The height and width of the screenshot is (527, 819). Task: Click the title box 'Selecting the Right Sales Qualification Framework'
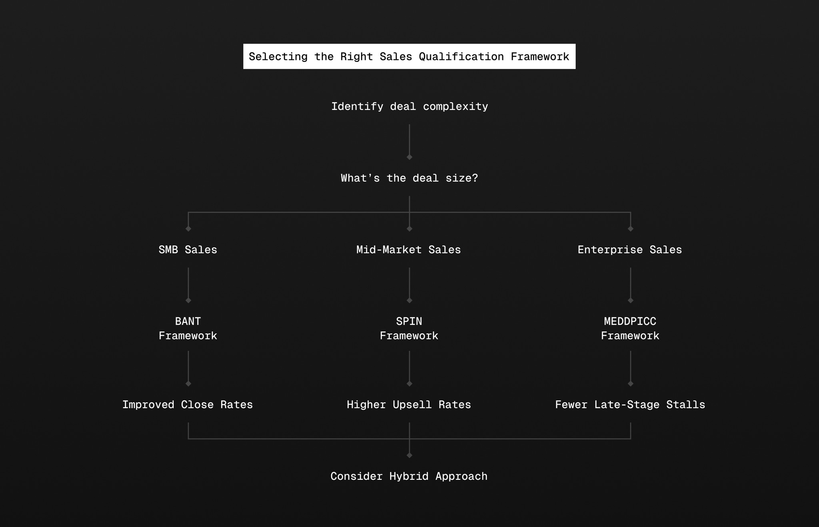click(x=409, y=56)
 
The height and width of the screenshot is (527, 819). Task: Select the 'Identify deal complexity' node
click(x=409, y=106)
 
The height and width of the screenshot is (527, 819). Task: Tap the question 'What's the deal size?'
click(x=409, y=178)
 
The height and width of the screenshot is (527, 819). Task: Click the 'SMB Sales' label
click(x=188, y=250)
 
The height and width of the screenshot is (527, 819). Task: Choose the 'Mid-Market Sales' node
click(x=409, y=250)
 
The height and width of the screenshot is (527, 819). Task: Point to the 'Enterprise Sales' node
click(x=630, y=250)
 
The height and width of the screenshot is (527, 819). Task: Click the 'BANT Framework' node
click(x=188, y=328)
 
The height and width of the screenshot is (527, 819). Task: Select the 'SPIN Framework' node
click(x=409, y=328)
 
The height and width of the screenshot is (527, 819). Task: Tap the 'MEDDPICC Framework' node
click(x=630, y=328)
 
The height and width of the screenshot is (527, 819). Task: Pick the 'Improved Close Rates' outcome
click(x=188, y=405)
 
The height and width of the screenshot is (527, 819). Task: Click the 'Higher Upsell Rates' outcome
click(x=409, y=405)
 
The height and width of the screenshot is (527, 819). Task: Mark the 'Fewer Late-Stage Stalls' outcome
click(x=630, y=405)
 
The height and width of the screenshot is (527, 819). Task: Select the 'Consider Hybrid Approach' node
click(x=409, y=476)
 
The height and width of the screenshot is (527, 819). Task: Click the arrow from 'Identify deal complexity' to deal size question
click(x=409, y=142)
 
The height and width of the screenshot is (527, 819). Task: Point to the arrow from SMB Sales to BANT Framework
click(x=188, y=285)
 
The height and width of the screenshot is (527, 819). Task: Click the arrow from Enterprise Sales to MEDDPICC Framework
click(x=631, y=285)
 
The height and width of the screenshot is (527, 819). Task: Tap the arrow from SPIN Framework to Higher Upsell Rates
click(x=409, y=368)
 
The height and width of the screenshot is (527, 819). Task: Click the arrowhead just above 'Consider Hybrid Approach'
click(x=409, y=455)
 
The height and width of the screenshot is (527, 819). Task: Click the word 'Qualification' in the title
click(x=461, y=56)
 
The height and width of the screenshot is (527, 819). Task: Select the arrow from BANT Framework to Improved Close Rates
click(x=188, y=368)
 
